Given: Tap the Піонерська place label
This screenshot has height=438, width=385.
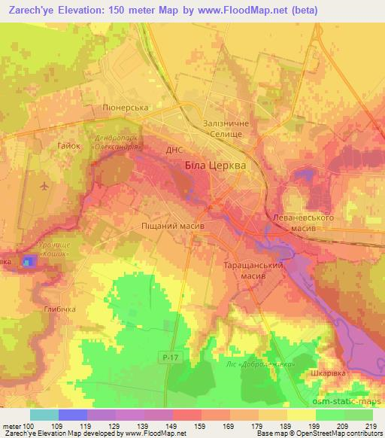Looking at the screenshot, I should pos(127,108).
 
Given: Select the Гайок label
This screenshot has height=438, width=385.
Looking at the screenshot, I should pos(68,145).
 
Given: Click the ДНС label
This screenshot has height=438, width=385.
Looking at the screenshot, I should pos(174,151).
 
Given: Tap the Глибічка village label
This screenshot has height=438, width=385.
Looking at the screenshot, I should pos(61,309).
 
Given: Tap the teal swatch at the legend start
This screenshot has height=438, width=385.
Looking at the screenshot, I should pos(44,415).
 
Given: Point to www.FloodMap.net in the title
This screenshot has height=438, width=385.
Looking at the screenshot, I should pos(231,11).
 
